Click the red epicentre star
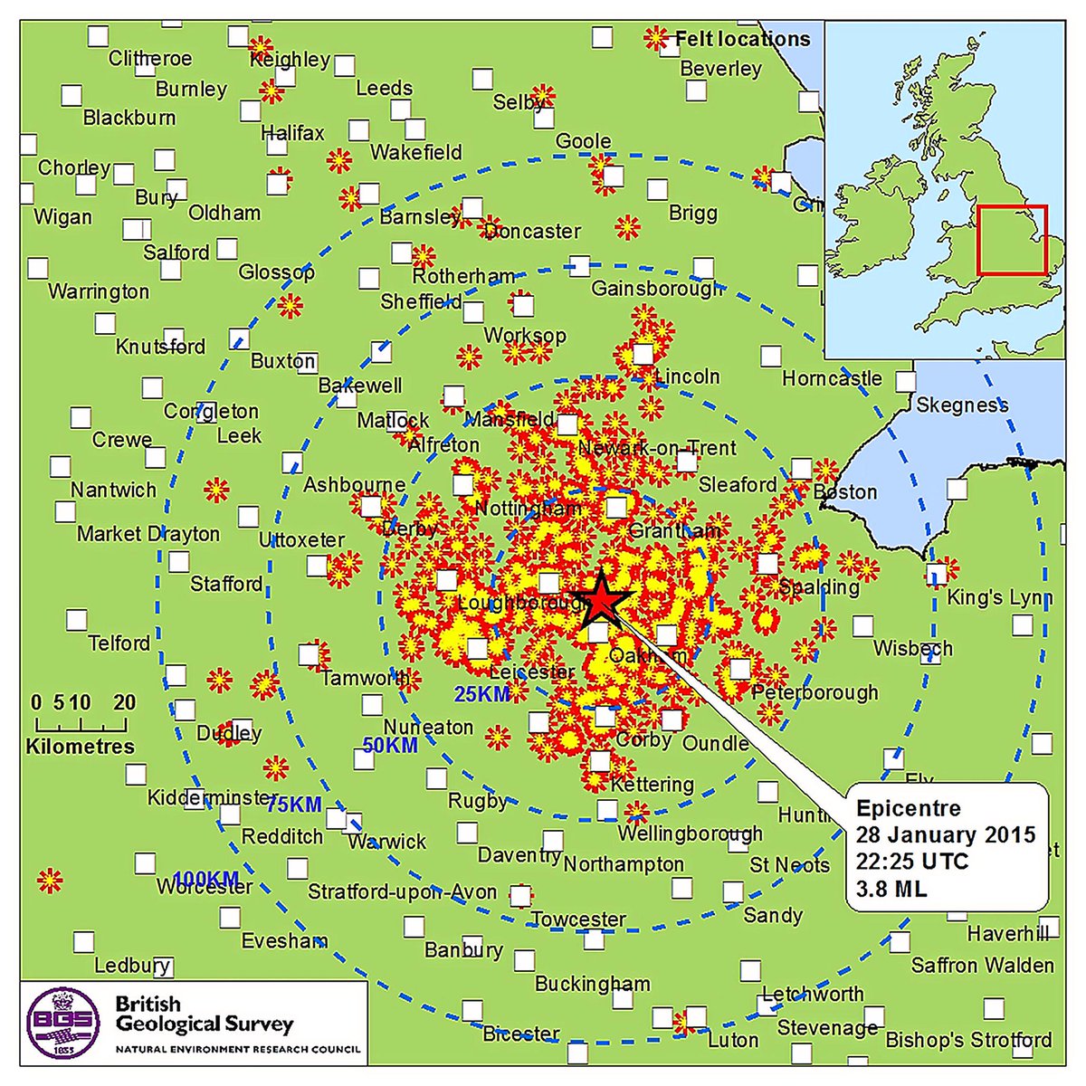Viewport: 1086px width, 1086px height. pyautogui.click(x=599, y=600)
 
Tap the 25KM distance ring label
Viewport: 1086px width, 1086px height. pyautogui.click(x=482, y=694)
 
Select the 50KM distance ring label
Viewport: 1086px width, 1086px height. pyautogui.click(x=390, y=746)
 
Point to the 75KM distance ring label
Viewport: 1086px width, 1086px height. pyautogui.click(x=294, y=805)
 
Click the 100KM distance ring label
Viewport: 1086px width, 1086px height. pyautogui.click(x=205, y=879)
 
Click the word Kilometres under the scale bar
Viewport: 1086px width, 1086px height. pyautogui.click(x=80, y=747)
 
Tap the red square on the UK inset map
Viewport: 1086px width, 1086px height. pyautogui.click(x=1012, y=240)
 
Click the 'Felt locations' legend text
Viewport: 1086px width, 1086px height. pyautogui.click(x=742, y=39)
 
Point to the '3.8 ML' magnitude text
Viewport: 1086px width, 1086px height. pyautogui.click(x=891, y=889)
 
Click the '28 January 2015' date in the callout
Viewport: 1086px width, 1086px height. pyautogui.click(x=946, y=834)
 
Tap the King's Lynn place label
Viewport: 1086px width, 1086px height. pyautogui.click(x=999, y=598)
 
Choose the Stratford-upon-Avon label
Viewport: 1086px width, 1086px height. pyautogui.click(x=402, y=892)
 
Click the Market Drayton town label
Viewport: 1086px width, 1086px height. pyautogui.click(x=148, y=534)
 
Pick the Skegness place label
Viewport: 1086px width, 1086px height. pyautogui.click(x=962, y=405)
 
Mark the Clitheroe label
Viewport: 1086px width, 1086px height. pyautogui.click(x=150, y=59)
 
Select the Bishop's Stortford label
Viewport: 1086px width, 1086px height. pyautogui.click(x=968, y=1040)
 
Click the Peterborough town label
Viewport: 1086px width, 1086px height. pyautogui.click(x=814, y=693)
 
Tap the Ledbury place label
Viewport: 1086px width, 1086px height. pyautogui.click(x=132, y=966)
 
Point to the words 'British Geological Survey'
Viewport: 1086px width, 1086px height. pyautogui.click(x=205, y=1015)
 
